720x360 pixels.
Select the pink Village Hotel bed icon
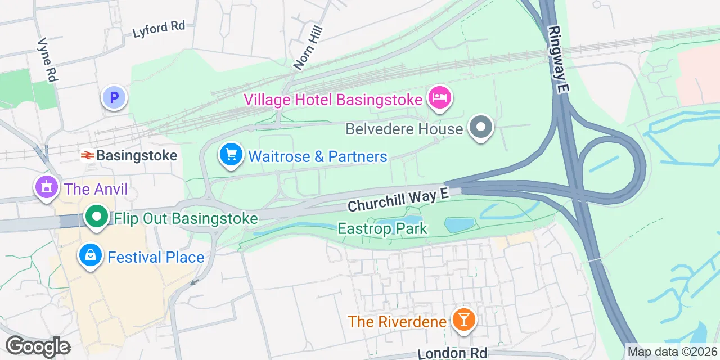pyautogui.click(x=440, y=98)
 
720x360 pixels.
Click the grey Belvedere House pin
pyautogui.click(x=480, y=127)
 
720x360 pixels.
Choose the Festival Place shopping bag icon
pyautogui.click(x=90, y=256)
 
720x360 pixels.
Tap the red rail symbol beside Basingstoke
pyautogui.click(x=87, y=156)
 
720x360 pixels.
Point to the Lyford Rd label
pyautogui.click(x=159, y=29)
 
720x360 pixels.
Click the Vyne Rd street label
pyautogui.click(x=47, y=60)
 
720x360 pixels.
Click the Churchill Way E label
pyautogui.click(x=398, y=200)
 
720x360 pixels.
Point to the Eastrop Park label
pyautogui.click(x=382, y=229)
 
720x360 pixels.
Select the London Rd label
pyautogui.click(x=452, y=353)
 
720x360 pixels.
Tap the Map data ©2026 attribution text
pyautogui.click(x=673, y=352)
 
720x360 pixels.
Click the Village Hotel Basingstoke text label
pyautogui.click(x=333, y=100)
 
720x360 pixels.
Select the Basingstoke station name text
pyautogui.click(x=137, y=156)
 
